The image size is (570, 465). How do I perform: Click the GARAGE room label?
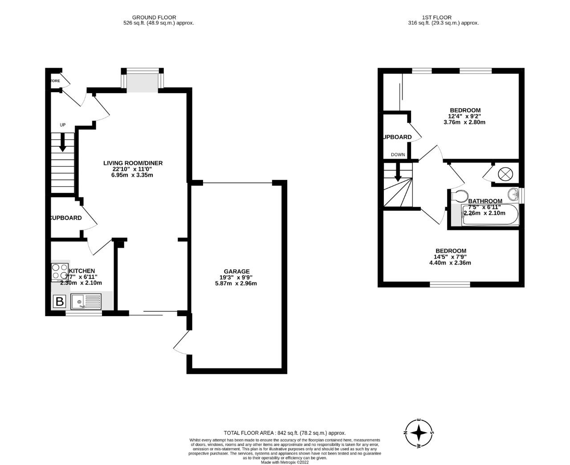[x=236, y=271]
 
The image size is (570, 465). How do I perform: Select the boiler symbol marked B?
[x=59, y=302]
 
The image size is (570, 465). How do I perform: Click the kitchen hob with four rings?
[x=59, y=271]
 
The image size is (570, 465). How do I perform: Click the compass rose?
[x=419, y=432]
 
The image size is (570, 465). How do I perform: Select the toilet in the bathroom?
[x=459, y=196]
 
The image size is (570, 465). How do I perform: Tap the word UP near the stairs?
[x=62, y=125]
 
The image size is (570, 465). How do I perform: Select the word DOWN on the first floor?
[x=398, y=155]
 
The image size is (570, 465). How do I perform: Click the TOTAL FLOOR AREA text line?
[x=285, y=433]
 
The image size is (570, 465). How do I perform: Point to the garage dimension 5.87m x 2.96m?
[x=236, y=283]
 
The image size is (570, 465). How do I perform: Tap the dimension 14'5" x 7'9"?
[x=451, y=257]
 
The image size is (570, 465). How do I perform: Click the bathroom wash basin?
[x=515, y=194]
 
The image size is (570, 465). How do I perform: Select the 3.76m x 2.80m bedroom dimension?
[x=464, y=122]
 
